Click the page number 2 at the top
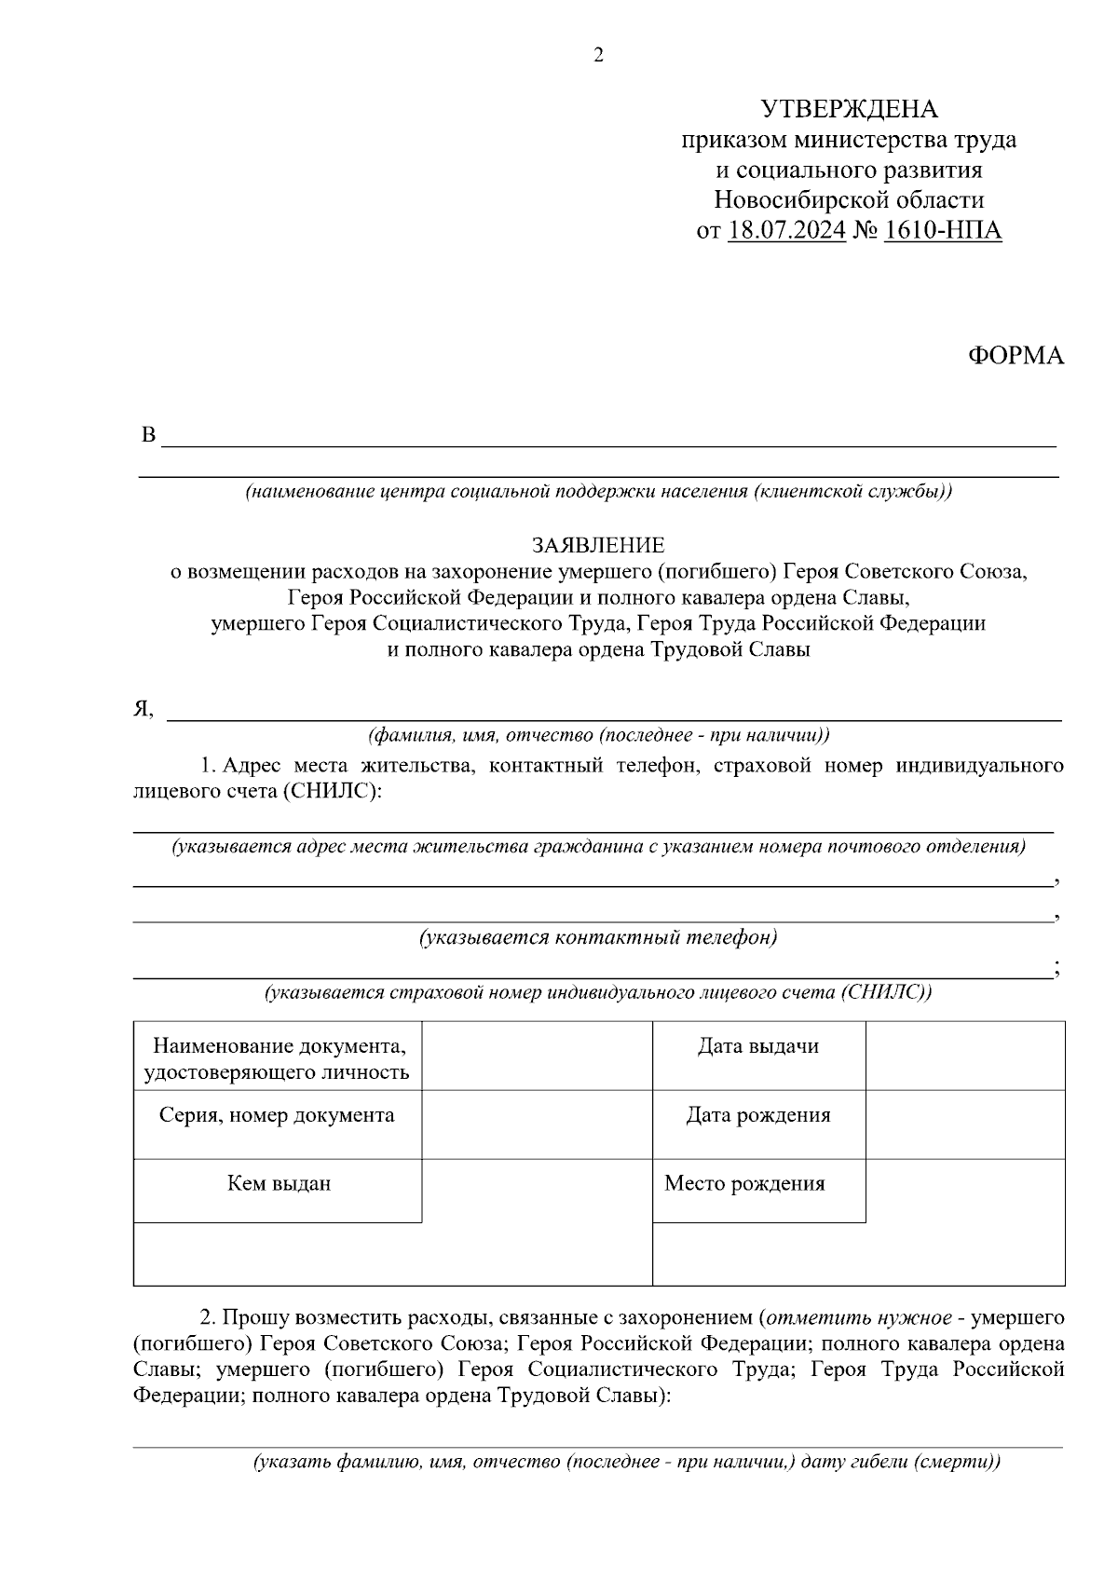pyautogui.click(x=598, y=56)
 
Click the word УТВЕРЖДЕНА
pyautogui.click(x=849, y=110)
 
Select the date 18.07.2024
pyautogui.click(x=786, y=230)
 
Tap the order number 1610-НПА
pyautogui.click(x=942, y=230)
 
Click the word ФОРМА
pyautogui.click(x=1016, y=356)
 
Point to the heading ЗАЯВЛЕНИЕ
pyautogui.click(x=598, y=545)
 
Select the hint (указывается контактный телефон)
pyautogui.click(x=598, y=937)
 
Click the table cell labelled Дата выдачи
pyautogui.click(x=758, y=1046)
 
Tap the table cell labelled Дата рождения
pyautogui.click(x=758, y=1115)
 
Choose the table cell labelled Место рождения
pyautogui.click(x=744, y=1184)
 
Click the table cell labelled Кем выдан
pyautogui.click(x=279, y=1184)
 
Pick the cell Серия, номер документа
pyautogui.click(x=277, y=1115)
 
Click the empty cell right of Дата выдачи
pyautogui.click(x=964, y=1056)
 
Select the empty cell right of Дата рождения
pyautogui.click(x=964, y=1124)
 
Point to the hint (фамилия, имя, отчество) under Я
pyautogui.click(x=598, y=736)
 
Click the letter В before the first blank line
pyautogui.click(x=146, y=436)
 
